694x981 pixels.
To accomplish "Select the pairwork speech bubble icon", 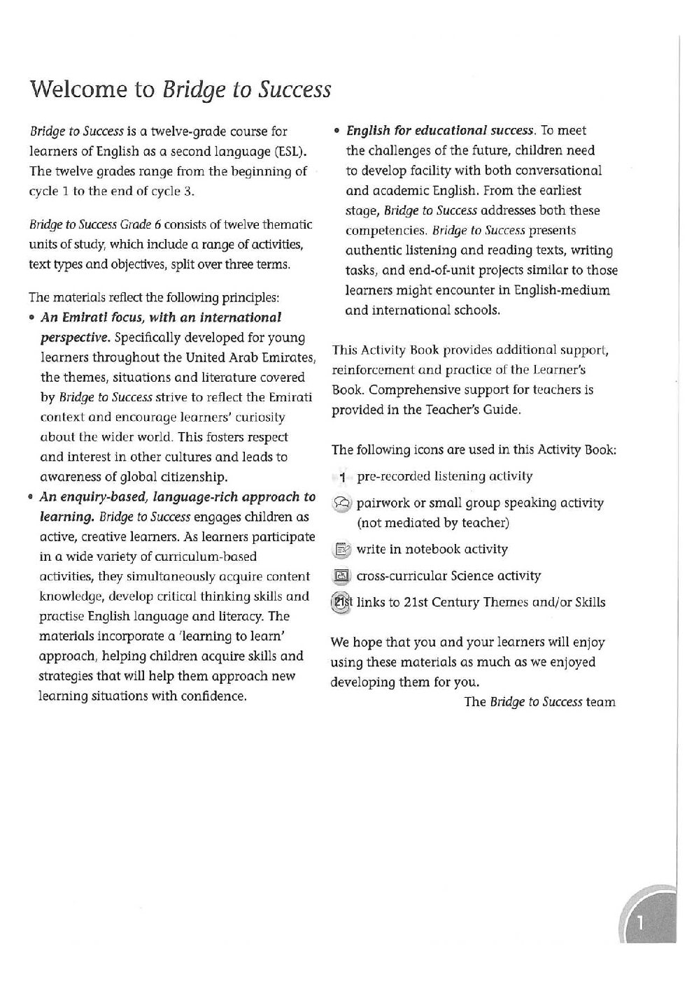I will (x=341, y=503).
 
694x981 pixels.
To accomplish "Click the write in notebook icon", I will (x=341, y=550).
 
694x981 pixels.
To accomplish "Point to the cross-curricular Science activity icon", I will (x=341, y=577).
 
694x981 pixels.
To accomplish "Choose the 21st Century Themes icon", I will (x=341, y=603).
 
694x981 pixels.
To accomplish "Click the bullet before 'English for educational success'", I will (x=337, y=131).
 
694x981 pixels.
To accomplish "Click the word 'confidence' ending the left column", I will (x=217, y=696).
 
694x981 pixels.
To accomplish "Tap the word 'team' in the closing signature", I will (x=601, y=702).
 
